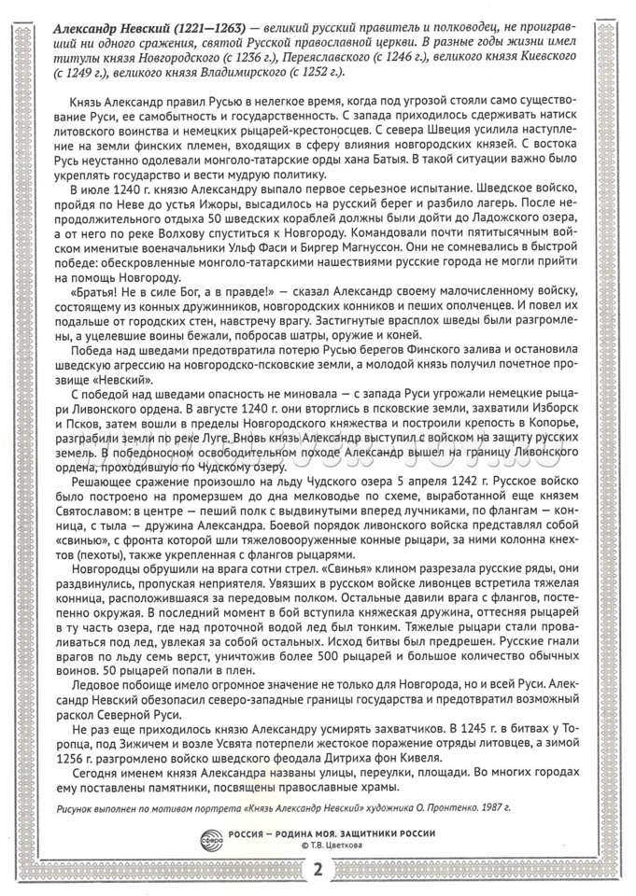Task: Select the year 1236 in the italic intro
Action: click(223, 58)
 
